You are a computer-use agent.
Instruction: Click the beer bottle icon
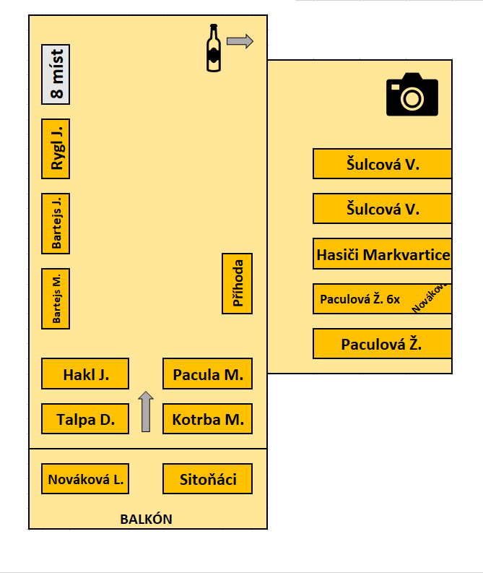point(214,48)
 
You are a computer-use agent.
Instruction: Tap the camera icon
point(412,94)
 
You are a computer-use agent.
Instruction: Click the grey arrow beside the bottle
point(240,41)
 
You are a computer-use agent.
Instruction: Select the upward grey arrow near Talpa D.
point(146,411)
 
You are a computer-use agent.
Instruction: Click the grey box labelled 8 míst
point(56,74)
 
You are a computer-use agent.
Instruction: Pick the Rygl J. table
point(56,149)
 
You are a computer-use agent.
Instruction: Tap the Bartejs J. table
point(56,224)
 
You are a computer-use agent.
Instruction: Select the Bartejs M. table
point(56,299)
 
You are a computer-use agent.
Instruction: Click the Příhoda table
point(237,283)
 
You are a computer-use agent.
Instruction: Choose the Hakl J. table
point(85,374)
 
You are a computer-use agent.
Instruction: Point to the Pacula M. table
point(207,374)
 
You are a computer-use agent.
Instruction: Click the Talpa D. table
point(85,419)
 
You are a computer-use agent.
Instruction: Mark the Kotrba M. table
point(207,419)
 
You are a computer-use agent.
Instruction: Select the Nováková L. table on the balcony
point(85,479)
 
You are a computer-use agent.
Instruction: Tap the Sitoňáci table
point(207,479)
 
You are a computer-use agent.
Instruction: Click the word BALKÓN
point(146,520)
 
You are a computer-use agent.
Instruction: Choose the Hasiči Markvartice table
point(382,254)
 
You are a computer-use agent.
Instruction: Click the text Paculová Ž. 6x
point(360,299)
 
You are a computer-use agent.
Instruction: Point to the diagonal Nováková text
point(430,298)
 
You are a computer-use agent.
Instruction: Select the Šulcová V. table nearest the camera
point(382,164)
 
